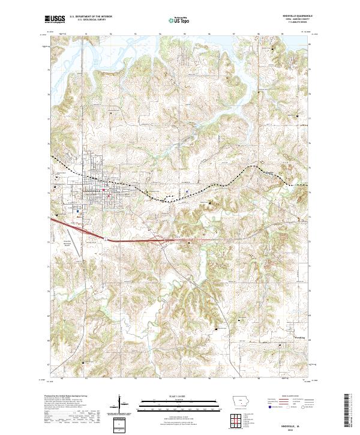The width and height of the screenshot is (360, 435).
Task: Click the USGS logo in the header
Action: pos(55,20)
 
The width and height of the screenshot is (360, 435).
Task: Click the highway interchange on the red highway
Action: pos(163,240)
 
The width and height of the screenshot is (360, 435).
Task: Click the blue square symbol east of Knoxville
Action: pos(187,192)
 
